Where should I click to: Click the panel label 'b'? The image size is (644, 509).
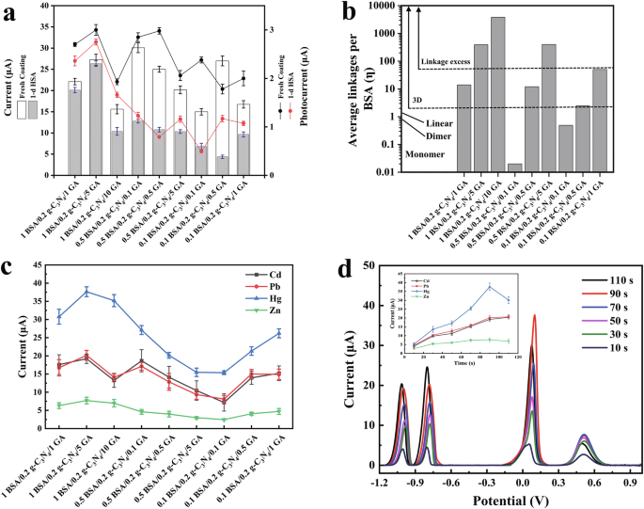(350, 14)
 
